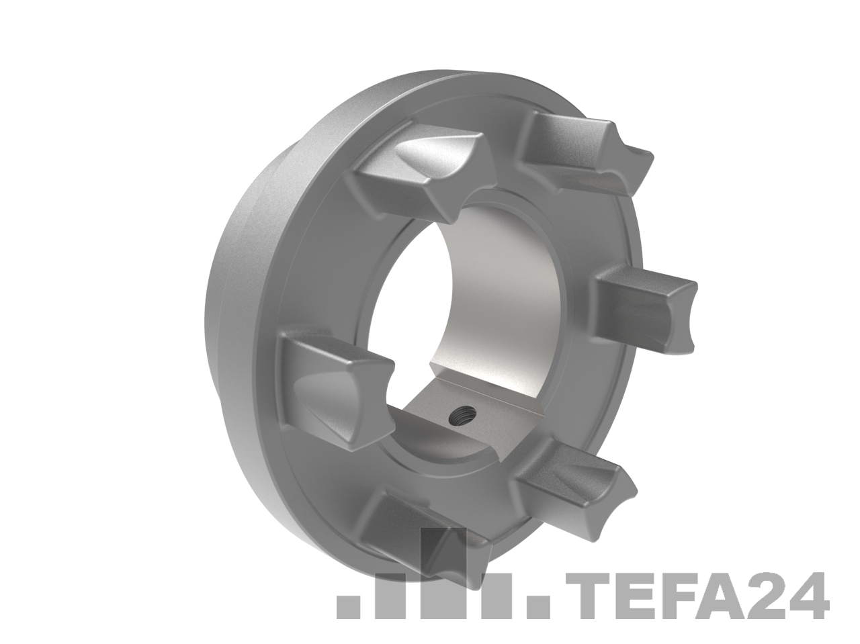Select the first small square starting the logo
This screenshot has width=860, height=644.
[x=348, y=607]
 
